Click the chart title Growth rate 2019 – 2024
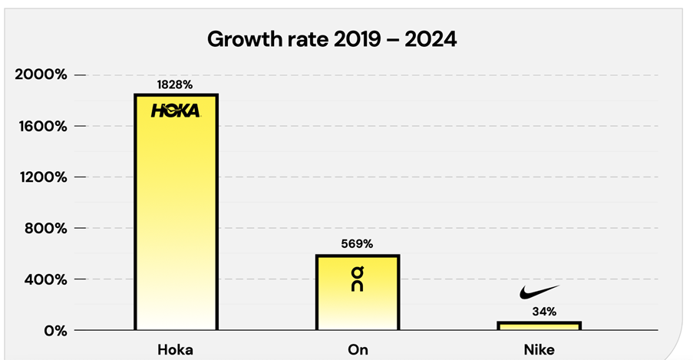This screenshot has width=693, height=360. tap(332, 39)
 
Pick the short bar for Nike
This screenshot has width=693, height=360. tap(539, 326)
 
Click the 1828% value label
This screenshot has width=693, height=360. tap(176, 84)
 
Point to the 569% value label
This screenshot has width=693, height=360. tap(357, 244)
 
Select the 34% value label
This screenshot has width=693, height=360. tap(539, 312)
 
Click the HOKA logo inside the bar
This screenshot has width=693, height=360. tap(176, 111)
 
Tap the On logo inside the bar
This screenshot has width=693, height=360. tap(358, 279)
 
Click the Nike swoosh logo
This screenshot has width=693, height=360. tap(539, 292)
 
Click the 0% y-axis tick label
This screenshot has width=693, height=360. tap(54, 331)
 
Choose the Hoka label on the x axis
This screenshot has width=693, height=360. tap(176, 350)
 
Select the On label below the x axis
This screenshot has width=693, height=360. tap(358, 350)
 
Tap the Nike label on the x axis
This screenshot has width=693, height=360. tap(539, 350)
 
